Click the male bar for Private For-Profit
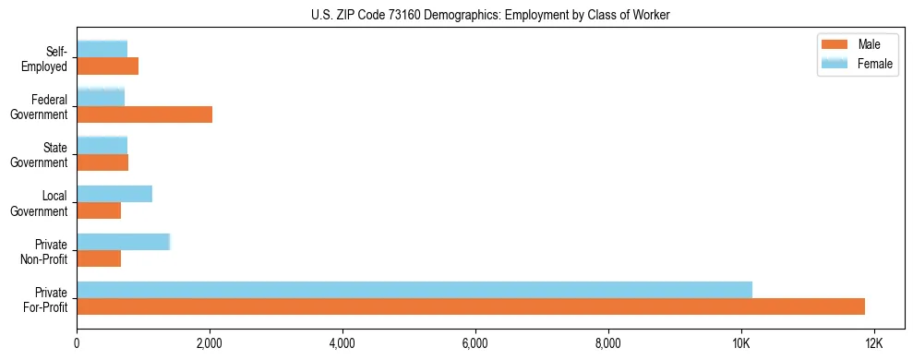click(471, 306)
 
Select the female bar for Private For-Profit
click(414, 290)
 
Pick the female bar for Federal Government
click(101, 97)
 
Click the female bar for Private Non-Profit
click(124, 242)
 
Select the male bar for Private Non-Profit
click(99, 258)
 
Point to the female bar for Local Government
click(114, 194)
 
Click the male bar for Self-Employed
click(107, 66)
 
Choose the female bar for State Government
click(102, 145)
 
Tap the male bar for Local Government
click(99, 210)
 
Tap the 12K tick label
click(873, 343)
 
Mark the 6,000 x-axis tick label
click(475, 343)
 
